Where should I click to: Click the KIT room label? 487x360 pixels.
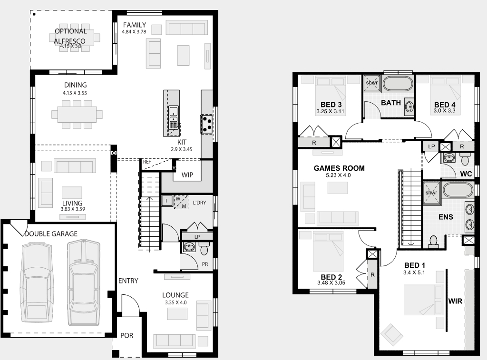coord(182,142)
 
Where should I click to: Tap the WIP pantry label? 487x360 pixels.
coord(187,175)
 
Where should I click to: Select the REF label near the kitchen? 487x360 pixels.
coord(147,162)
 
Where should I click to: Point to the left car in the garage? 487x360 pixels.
coord(36,283)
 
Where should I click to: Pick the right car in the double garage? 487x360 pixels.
coord(84,282)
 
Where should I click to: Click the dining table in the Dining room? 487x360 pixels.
coord(77,114)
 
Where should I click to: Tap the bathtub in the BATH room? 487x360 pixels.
coord(398,84)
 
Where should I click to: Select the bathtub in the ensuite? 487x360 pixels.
coord(458,191)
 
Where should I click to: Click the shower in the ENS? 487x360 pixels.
coord(431,193)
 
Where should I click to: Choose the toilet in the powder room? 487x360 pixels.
coord(205,248)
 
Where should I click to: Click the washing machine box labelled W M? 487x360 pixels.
coord(181,202)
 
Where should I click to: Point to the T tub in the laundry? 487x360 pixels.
coord(166,201)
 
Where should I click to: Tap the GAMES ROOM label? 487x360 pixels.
coord(339,168)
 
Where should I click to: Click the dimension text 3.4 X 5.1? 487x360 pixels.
coord(414,272)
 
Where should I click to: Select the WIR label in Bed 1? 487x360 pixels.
coord(455,301)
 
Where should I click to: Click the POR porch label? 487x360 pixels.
coord(127,335)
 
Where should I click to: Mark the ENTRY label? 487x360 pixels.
coord(128,281)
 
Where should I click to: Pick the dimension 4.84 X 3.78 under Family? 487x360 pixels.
coord(134,32)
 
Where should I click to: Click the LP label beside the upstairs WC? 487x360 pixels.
coord(431,146)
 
